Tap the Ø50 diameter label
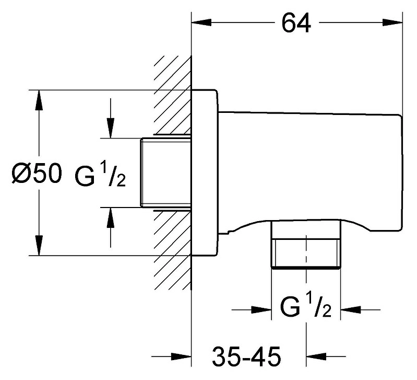click(37, 174)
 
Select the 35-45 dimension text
click(246, 356)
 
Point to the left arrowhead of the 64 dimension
click(201, 22)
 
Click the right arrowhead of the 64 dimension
click(392, 22)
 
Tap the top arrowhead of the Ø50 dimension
click(39, 100)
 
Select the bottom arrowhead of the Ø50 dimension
click(39, 246)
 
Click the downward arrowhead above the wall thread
click(110, 129)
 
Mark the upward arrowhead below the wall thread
click(110, 217)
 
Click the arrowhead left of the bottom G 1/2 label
click(261, 310)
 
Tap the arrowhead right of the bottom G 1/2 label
click(351, 310)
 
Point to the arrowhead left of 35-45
click(182, 356)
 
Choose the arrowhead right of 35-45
click(316, 356)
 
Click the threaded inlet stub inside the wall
click(166, 172)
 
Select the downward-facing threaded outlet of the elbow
click(306, 244)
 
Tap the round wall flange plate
click(205, 173)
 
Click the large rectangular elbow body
click(310, 170)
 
